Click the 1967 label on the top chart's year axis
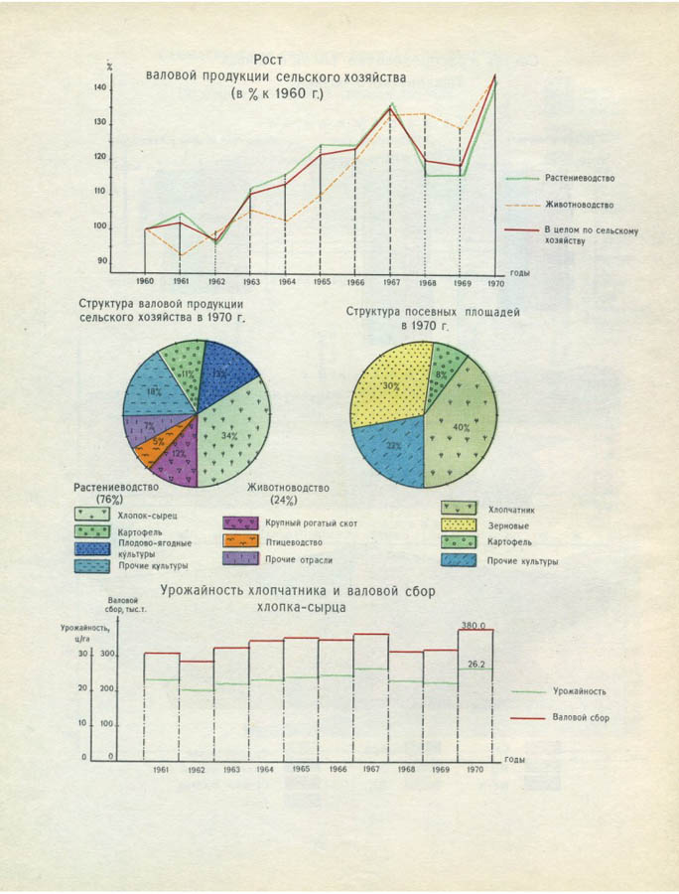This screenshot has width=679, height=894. [389, 282]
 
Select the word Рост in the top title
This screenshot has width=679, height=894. [270, 60]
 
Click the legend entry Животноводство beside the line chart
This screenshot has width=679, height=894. [579, 205]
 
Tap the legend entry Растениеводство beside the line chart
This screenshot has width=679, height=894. [580, 178]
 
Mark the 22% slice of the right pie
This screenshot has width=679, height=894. [393, 448]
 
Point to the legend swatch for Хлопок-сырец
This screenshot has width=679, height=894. [92, 514]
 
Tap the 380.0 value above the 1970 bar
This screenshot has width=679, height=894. [475, 625]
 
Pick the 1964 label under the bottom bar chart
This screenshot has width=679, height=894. [263, 769]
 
